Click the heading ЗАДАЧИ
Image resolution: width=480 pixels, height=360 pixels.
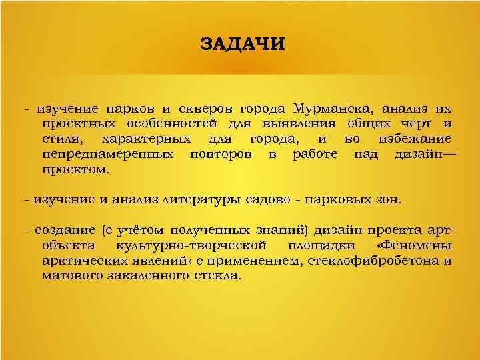(x=242, y=45)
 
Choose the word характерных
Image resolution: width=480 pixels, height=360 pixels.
(x=146, y=139)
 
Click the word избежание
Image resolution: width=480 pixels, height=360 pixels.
(x=414, y=139)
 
